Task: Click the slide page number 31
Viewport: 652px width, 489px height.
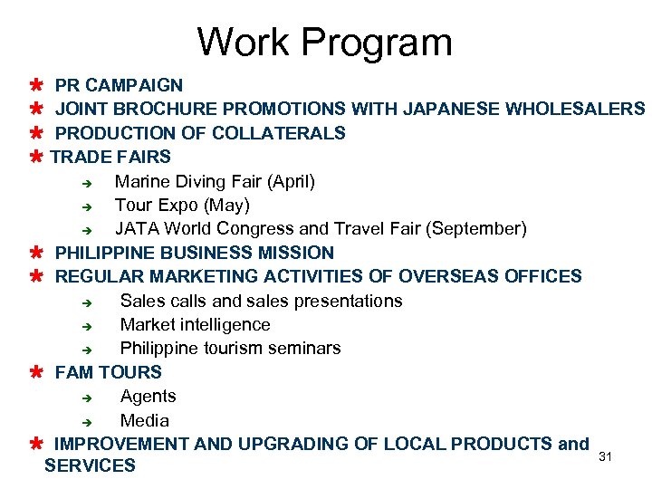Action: [x=606, y=456]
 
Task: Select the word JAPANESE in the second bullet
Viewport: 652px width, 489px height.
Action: [x=451, y=110]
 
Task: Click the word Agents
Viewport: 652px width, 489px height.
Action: [x=148, y=396]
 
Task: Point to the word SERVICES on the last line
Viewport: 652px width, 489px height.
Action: [x=90, y=465]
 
